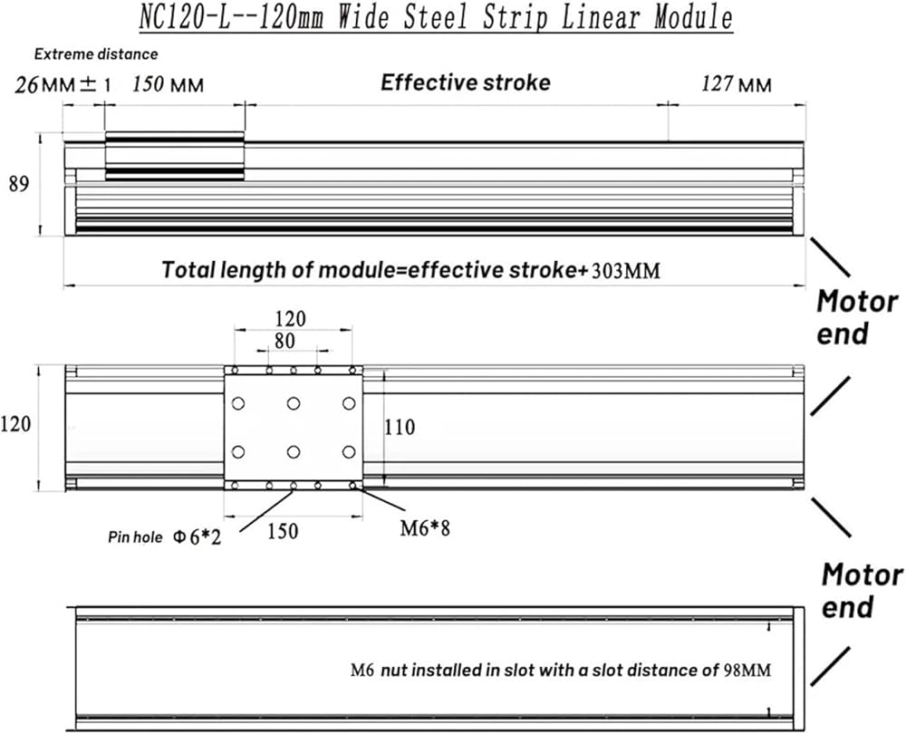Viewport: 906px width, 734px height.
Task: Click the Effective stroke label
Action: coord(465,83)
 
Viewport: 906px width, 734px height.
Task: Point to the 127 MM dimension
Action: coord(737,85)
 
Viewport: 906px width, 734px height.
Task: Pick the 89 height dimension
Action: coord(19,184)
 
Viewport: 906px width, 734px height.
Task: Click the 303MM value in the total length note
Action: coord(625,270)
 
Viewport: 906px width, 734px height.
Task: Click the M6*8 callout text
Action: coord(425,527)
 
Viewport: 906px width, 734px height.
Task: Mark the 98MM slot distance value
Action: coord(747,671)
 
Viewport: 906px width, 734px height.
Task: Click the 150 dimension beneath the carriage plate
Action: coord(283,532)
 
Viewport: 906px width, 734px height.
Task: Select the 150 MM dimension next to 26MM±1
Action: coord(168,85)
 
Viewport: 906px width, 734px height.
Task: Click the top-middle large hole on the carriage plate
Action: coord(294,404)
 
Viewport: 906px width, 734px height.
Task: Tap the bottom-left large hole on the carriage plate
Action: coord(239,451)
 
